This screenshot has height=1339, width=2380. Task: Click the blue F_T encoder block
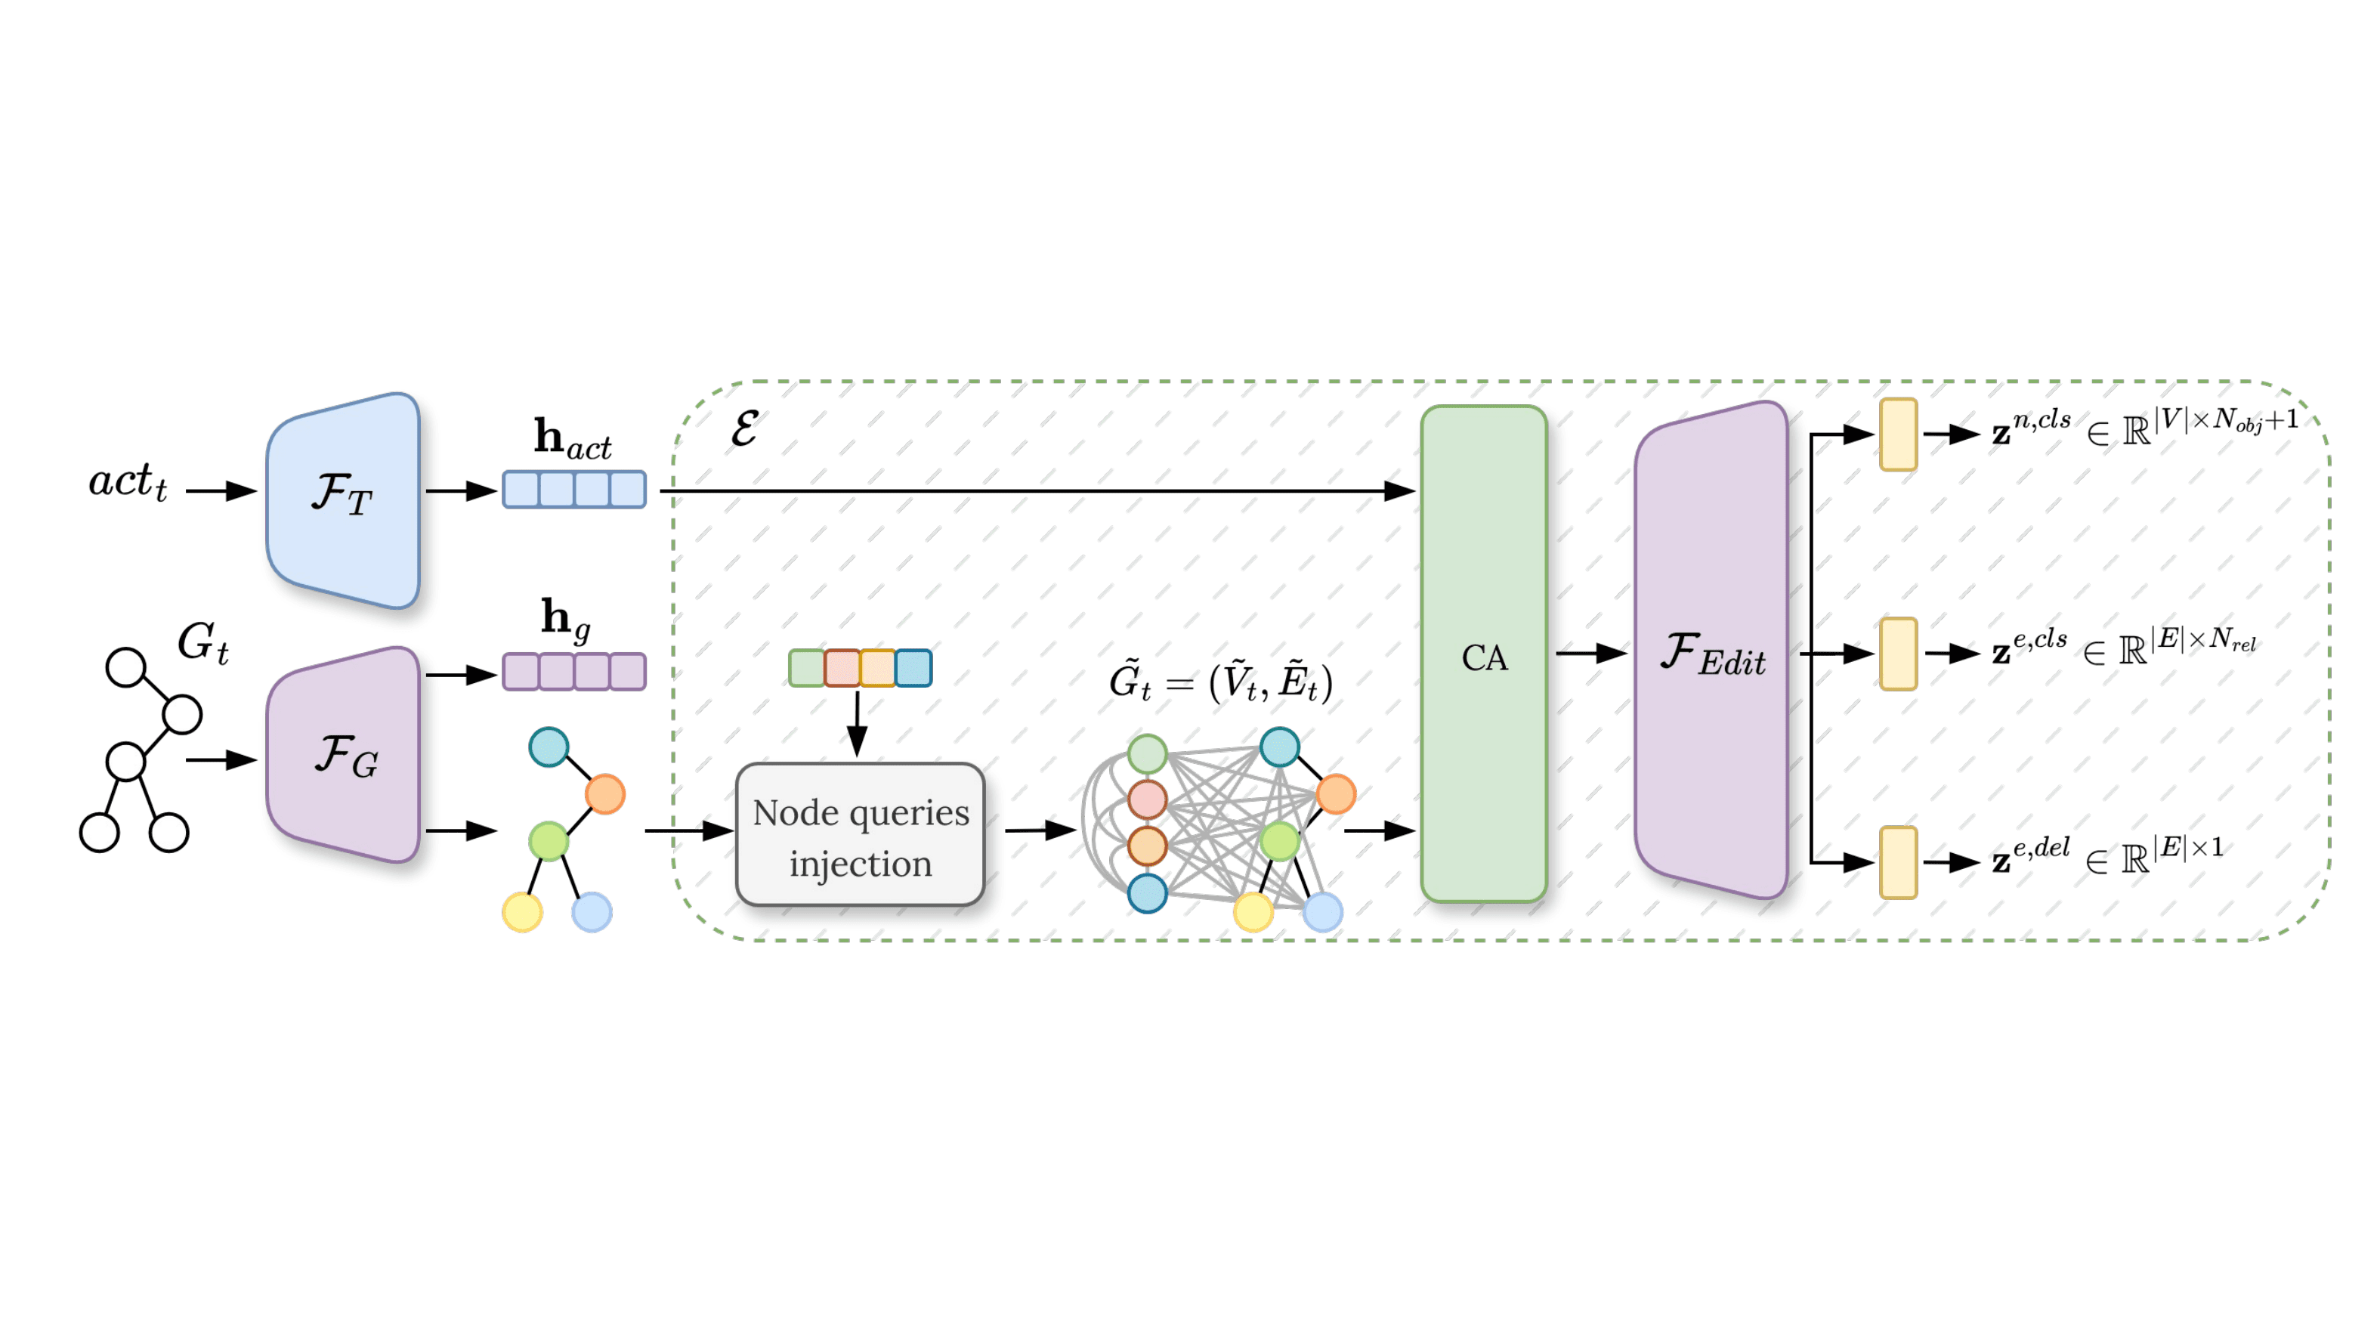pyautogui.click(x=344, y=500)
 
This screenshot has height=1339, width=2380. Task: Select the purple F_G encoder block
pyautogui.click(x=344, y=754)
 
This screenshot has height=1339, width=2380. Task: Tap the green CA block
pyautogui.click(x=1484, y=654)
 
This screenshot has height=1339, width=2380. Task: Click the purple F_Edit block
pyautogui.click(x=1711, y=650)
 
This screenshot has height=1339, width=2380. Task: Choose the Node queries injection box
pyautogui.click(x=860, y=834)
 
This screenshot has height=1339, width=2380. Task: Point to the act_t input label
pyautogui.click(x=128, y=481)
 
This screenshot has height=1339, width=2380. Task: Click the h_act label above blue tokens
pyautogui.click(x=573, y=438)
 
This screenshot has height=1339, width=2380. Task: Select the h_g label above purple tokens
pyautogui.click(x=565, y=618)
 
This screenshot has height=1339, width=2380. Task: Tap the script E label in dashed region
pyautogui.click(x=745, y=428)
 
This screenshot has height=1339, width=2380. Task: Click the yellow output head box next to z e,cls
pyautogui.click(x=1898, y=654)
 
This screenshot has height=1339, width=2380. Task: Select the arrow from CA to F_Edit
pyautogui.click(x=1591, y=654)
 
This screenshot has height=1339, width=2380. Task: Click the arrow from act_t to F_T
pyautogui.click(x=221, y=490)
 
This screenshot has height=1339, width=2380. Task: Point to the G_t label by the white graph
pyautogui.click(x=203, y=642)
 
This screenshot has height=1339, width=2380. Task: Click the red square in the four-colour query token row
pyautogui.click(x=842, y=668)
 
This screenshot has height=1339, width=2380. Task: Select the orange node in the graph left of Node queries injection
pyautogui.click(x=605, y=793)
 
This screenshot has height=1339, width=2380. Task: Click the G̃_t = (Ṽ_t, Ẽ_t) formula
pyautogui.click(x=1220, y=681)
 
